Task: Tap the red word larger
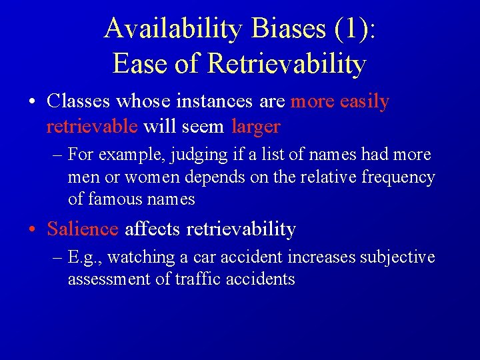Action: [256, 126]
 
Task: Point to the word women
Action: [143, 177]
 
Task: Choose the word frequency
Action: [397, 177]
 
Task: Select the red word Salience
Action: [82, 229]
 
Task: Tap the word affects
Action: [153, 229]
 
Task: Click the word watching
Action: [137, 257]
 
